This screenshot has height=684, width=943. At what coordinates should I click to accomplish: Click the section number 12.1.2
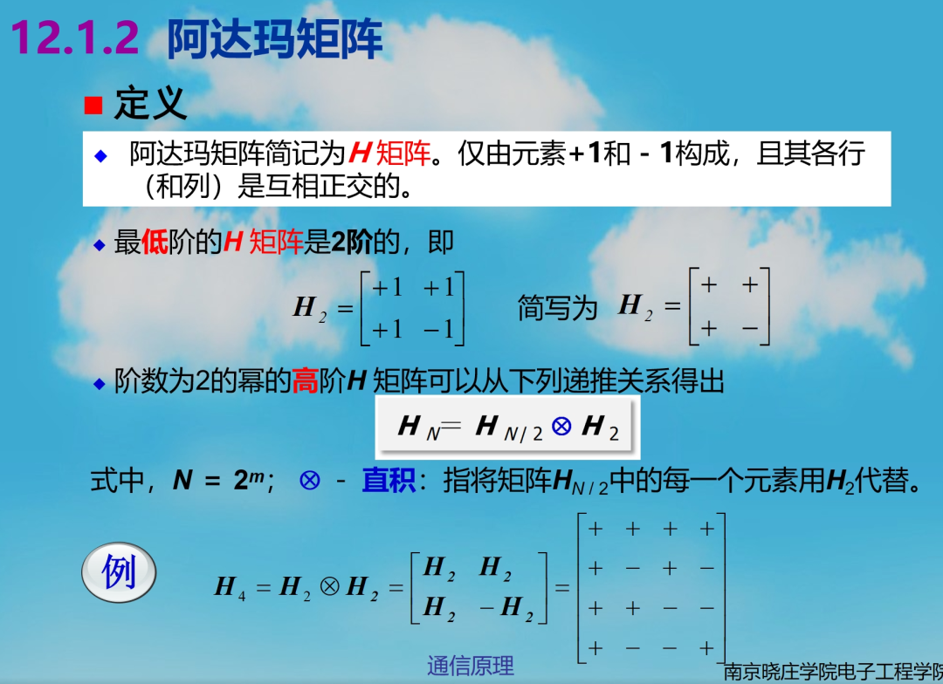75,38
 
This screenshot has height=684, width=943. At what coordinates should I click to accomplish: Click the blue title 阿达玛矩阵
275,39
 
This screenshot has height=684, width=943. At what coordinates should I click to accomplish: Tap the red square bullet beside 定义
93,106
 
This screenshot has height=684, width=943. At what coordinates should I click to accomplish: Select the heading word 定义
150,103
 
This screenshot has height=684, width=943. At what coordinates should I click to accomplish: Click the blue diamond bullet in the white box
101,156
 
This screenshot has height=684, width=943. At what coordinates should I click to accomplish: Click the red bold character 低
155,243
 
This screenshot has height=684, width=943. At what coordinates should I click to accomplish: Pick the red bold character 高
305,380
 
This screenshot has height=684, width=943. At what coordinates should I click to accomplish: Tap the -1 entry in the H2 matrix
439,330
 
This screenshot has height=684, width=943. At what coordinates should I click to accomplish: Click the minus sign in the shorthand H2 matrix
749,328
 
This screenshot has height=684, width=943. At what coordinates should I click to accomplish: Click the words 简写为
557,308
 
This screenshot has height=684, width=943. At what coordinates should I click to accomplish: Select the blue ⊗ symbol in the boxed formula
561,426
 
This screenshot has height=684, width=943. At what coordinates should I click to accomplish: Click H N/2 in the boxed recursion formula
509,428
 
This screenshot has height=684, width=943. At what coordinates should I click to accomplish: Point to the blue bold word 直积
389,481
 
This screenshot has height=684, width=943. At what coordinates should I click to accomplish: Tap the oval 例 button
119,572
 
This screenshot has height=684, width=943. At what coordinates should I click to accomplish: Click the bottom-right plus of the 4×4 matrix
707,648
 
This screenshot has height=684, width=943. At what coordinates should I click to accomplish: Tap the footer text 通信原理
471,666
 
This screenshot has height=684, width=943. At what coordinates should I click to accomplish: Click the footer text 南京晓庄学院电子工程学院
833,672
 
